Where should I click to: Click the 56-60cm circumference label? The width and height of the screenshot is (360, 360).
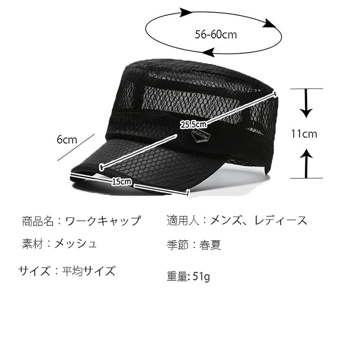click(216, 34)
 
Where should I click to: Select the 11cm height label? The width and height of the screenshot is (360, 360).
click(304, 134)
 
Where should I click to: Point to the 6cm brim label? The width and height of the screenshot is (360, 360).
click(67, 139)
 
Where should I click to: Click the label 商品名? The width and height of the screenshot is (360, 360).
click(38, 221)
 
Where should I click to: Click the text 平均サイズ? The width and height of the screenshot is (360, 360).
click(88, 271)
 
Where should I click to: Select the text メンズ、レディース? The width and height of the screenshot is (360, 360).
click(256, 220)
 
